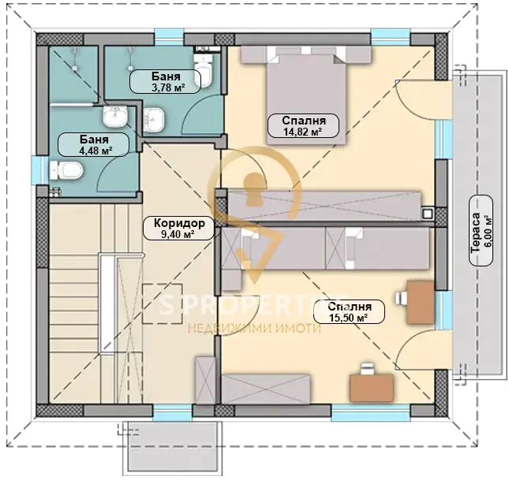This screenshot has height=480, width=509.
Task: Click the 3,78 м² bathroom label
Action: click(x=165, y=82)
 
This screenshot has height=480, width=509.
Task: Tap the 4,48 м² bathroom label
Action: click(x=93, y=145)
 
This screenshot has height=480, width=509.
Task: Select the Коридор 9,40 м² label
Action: click(x=179, y=228)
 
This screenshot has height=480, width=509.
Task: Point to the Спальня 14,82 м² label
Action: click(x=303, y=125)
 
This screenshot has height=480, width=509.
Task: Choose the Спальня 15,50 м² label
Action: click(x=349, y=311)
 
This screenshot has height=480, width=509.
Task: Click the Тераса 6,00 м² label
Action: click(x=481, y=231)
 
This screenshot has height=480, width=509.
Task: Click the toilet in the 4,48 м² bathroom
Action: click(x=66, y=170)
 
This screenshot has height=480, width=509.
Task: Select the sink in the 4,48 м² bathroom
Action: click(x=115, y=117)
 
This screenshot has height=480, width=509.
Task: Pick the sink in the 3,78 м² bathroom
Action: click(x=154, y=120)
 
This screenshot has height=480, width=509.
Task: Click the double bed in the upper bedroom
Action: click(x=306, y=95)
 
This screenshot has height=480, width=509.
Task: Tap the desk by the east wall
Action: click(x=421, y=303)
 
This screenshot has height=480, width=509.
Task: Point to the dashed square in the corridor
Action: click(x=162, y=303)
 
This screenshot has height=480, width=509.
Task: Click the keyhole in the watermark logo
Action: click(x=255, y=189)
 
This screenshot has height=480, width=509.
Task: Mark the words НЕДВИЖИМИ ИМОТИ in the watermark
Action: click(x=254, y=329)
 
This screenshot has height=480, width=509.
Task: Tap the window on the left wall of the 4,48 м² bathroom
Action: click(x=40, y=170)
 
